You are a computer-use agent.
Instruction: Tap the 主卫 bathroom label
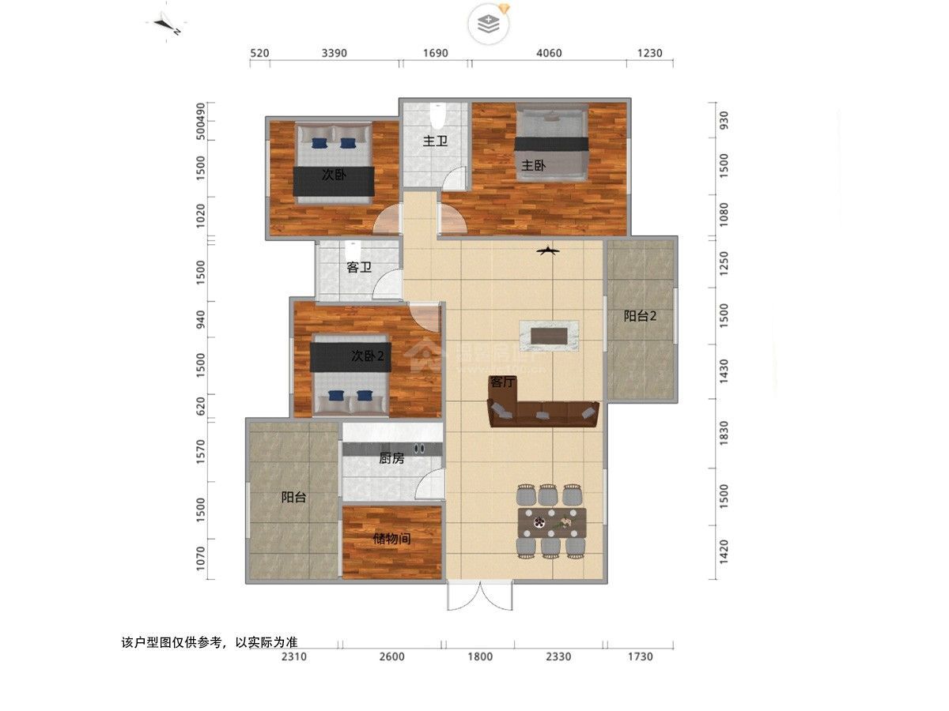(x=434, y=142)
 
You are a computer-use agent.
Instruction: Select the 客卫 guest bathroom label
(x=359, y=268)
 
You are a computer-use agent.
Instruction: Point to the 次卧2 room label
(x=367, y=356)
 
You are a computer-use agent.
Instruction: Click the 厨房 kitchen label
(x=391, y=458)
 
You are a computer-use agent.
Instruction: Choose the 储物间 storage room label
(x=391, y=540)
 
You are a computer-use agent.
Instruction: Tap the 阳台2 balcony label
(x=641, y=316)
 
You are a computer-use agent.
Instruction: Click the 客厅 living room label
(x=503, y=382)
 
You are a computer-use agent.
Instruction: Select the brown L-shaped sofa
(x=543, y=413)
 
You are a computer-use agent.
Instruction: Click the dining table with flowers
(x=552, y=522)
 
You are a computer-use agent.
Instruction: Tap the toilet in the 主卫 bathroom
(x=437, y=117)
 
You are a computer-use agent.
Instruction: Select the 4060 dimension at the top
(x=549, y=54)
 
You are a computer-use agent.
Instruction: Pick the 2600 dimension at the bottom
(x=391, y=656)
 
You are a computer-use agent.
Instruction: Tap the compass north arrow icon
(x=168, y=24)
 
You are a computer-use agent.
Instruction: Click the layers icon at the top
(x=489, y=24)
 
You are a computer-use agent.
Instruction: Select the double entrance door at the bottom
(x=480, y=596)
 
